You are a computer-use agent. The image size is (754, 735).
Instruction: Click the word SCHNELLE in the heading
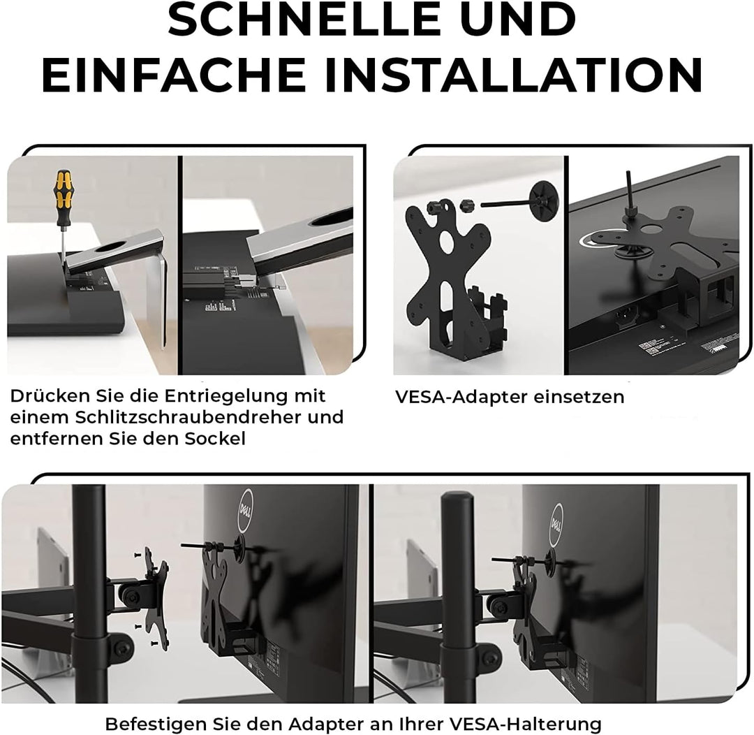[x=304, y=20]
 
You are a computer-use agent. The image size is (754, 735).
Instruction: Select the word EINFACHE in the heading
[x=174, y=75]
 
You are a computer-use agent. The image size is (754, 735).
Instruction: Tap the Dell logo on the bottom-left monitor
[x=245, y=511]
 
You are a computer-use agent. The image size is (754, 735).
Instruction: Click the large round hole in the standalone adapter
[x=448, y=244]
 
